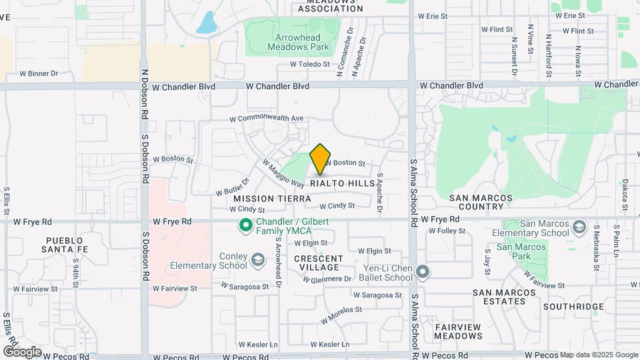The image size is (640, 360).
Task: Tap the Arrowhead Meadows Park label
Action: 299,43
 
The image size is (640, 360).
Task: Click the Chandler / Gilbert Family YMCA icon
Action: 245,225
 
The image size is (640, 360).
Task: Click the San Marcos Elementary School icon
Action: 579,227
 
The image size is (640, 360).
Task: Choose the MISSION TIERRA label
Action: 272,199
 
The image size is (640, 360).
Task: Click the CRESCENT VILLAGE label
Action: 319,263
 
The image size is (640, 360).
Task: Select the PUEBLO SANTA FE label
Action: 64,245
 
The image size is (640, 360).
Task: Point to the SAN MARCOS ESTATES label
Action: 504,297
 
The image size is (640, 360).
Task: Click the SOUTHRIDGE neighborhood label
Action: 573,307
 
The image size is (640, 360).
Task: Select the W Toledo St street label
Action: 310,64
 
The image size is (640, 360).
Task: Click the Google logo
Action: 22,351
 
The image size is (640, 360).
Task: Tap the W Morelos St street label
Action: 341,311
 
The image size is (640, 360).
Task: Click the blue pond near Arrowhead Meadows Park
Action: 207,23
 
